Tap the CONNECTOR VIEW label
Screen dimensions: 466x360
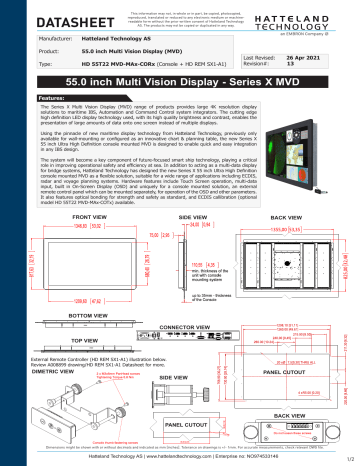point(183,326)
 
